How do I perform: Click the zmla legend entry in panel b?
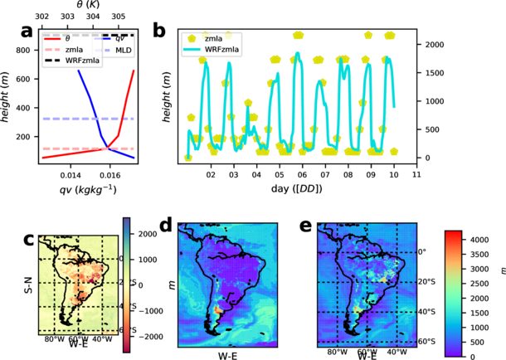(218, 38)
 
